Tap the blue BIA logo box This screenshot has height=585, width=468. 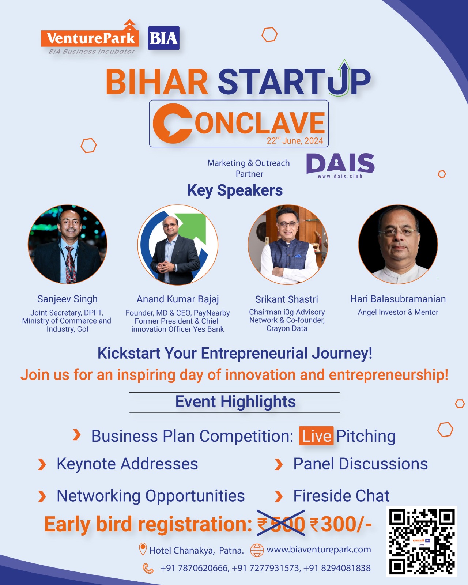click(x=163, y=38)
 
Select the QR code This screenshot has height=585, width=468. click(x=422, y=541)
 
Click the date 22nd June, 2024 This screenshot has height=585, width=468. click(x=295, y=141)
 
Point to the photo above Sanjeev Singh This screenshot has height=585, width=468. click(x=68, y=244)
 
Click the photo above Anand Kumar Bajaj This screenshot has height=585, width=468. click(x=178, y=245)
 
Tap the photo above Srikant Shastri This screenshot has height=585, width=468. click(x=288, y=244)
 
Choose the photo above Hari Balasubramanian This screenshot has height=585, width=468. click(x=398, y=244)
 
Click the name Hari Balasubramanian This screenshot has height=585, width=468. click(x=398, y=299)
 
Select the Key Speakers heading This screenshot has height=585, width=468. click(x=235, y=190)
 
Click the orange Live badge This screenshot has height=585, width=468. click(x=316, y=436)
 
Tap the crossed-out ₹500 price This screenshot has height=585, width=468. click(x=281, y=524)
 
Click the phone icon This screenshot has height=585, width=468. click(x=148, y=568)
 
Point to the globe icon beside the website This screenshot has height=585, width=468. click(x=257, y=550)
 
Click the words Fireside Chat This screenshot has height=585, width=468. click(x=341, y=496)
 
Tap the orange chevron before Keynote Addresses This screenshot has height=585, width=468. click(x=42, y=464)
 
